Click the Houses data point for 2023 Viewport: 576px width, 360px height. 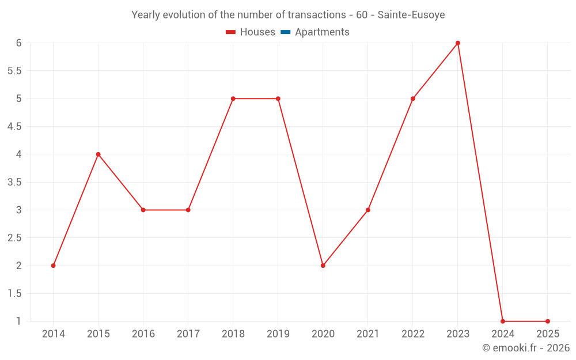coord(458,43)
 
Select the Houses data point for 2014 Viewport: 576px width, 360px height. coord(53,266)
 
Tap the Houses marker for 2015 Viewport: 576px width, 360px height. coord(98,154)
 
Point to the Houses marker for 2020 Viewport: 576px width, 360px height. coord(323,266)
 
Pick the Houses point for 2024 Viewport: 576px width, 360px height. coord(503,321)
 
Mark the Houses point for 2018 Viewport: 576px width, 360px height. coord(233,98)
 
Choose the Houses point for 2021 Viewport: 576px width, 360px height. coord(368,210)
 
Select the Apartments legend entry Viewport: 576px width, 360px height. coord(322,32)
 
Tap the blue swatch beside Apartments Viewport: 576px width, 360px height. coord(285,32)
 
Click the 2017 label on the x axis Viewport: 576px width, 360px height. coord(188,334)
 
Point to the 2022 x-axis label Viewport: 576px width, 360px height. coord(413,334)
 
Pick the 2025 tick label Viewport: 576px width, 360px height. coord(548,334)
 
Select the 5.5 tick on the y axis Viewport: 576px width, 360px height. coord(14,71)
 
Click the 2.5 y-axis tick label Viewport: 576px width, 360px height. coord(14,238)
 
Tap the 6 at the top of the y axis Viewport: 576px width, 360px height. coord(18,43)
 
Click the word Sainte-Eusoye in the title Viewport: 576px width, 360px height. coord(411,15)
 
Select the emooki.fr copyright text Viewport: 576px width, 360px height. coord(526,348)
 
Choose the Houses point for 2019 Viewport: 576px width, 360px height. coord(278,98)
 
